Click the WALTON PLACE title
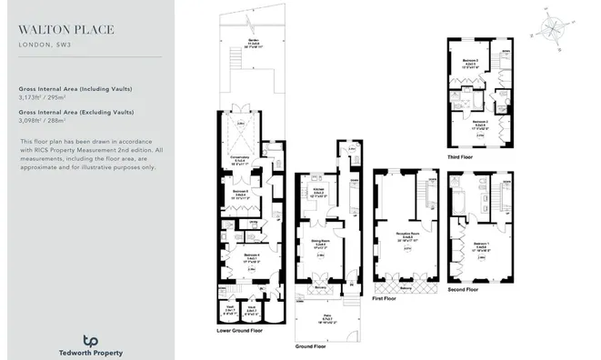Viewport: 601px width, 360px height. point(66,29)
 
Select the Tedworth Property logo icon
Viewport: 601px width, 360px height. point(89,341)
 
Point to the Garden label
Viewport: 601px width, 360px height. point(250,42)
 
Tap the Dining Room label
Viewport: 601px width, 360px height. point(319,241)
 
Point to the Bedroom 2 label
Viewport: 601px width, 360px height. point(479,121)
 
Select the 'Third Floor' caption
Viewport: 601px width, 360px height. point(460,155)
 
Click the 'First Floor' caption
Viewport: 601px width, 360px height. point(384,297)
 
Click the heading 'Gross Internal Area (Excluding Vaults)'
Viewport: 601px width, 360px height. point(75,113)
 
